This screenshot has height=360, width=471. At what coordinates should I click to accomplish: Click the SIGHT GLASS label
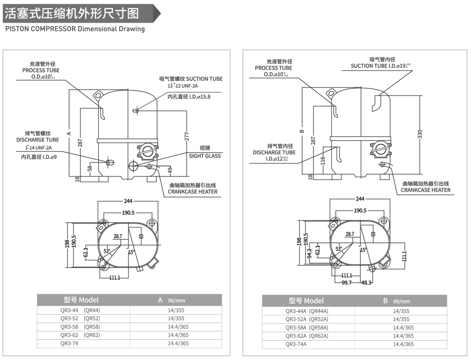(x=205, y=156)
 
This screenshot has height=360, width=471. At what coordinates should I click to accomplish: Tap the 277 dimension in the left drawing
(x=186, y=136)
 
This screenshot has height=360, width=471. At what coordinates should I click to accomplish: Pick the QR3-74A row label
(x=296, y=344)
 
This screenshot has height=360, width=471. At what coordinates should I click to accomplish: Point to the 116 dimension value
(x=323, y=161)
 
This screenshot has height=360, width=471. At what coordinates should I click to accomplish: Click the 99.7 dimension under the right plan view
(x=347, y=282)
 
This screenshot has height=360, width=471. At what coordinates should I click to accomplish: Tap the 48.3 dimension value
(x=366, y=282)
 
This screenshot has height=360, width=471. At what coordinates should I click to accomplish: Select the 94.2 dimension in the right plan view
(x=310, y=253)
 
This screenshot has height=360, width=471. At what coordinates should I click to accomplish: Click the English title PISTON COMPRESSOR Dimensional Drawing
(x=74, y=29)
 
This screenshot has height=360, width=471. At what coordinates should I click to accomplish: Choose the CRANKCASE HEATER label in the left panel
(x=193, y=192)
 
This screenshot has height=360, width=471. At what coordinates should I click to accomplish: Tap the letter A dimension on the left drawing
(x=69, y=133)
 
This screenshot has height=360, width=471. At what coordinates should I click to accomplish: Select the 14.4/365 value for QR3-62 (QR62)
(x=178, y=335)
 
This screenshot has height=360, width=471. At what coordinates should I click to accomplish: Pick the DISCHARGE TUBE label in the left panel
(x=38, y=140)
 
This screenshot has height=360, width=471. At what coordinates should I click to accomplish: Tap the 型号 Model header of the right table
(x=306, y=301)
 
